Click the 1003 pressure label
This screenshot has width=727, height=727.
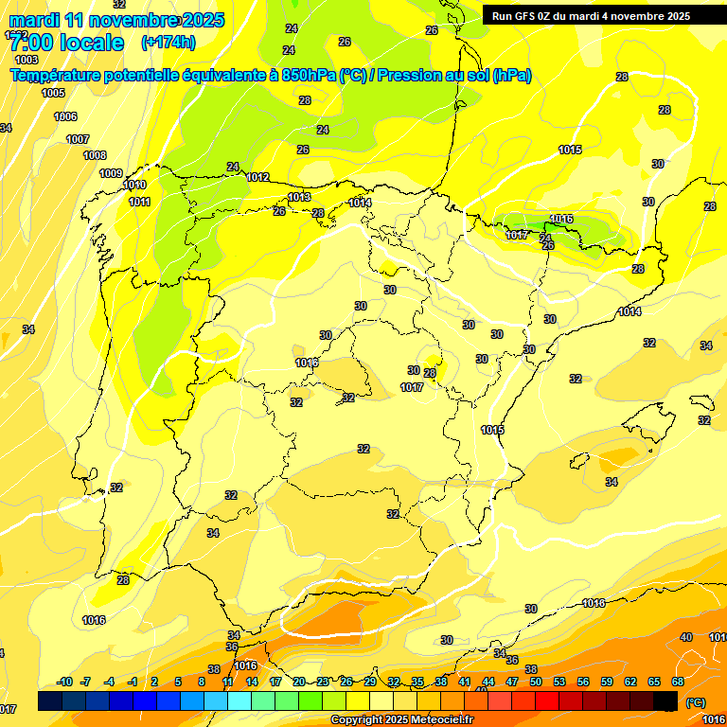[x=27, y=60]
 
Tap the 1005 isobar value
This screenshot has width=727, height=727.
[x=53, y=93]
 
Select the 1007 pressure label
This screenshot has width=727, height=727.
[x=78, y=139]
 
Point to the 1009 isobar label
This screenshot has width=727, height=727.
[x=111, y=173]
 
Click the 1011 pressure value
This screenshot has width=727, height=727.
[x=139, y=202]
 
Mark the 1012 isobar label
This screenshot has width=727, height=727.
[x=257, y=177]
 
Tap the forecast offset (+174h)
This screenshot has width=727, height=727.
[x=168, y=43]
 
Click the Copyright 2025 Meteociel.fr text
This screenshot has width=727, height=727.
[x=401, y=720]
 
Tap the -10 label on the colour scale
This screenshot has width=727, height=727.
[x=64, y=682]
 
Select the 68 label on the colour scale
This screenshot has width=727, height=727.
[x=678, y=682]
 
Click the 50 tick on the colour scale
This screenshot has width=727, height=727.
[x=536, y=682]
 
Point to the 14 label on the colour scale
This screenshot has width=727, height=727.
[x=252, y=682]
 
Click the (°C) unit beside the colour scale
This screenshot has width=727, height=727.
[x=695, y=702]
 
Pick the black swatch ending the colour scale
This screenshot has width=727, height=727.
[x=665, y=701]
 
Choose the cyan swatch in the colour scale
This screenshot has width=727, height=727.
[x=239, y=701]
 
